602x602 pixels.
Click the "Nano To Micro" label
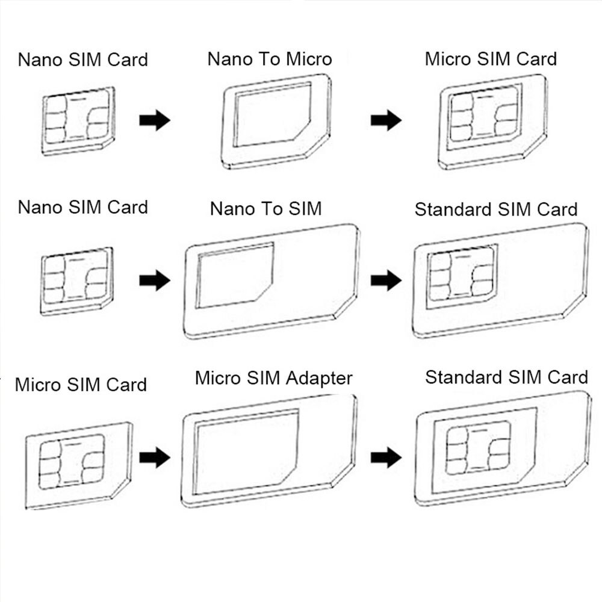pos(269,59)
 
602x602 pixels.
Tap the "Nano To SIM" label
pos(265,209)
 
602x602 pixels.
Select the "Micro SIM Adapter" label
pos(273,378)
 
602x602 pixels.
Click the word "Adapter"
pos(318,379)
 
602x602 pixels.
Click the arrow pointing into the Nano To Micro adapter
pos(155,120)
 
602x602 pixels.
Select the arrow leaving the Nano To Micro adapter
pos(386,120)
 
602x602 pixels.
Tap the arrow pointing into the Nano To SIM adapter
pos(155,281)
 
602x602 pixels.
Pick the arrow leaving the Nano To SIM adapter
pos(386,281)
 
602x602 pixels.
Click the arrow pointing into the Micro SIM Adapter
pos(155,458)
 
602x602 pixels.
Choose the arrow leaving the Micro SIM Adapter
pos(386,458)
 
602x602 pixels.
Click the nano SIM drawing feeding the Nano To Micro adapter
pos(78,120)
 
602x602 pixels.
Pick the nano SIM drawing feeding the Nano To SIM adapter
pos(76,281)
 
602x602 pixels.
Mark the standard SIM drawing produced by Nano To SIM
pos(500,279)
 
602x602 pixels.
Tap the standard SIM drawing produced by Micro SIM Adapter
pos(503,448)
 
